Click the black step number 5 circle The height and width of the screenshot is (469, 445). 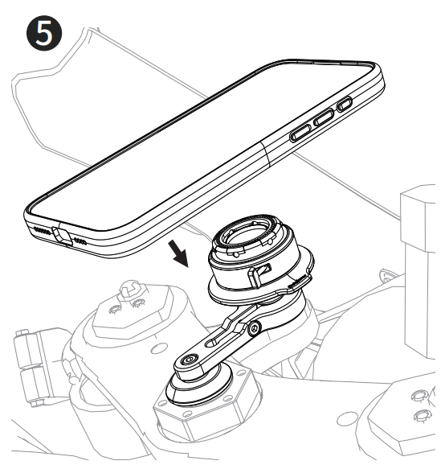[x=44, y=33]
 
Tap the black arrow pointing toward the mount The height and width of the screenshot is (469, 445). [x=178, y=253]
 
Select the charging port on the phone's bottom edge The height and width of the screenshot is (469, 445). [x=62, y=235]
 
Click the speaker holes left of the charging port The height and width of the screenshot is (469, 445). [x=43, y=231]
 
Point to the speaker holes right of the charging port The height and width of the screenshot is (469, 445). [x=80, y=241]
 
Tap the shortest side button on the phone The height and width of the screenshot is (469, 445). [x=345, y=104]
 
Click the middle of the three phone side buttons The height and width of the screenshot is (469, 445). [x=324, y=117]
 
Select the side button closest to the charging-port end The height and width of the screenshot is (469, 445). [x=300, y=133]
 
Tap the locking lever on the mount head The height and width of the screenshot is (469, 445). [x=259, y=274]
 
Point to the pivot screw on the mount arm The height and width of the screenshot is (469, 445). [x=255, y=328]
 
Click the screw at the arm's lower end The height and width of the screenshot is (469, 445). [x=190, y=359]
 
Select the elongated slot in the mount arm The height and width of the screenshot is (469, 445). [x=220, y=339]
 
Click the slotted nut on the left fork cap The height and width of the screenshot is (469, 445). [x=132, y=290]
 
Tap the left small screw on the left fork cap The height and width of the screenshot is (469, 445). [x=114, y=310]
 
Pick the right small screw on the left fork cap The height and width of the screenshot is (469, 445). [x=138, y=303]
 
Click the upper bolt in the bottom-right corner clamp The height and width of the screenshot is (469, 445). [x=419, y=396]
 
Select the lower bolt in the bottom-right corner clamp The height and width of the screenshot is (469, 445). [x=422, y=416]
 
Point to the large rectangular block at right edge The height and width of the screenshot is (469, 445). [x=418, y=218]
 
